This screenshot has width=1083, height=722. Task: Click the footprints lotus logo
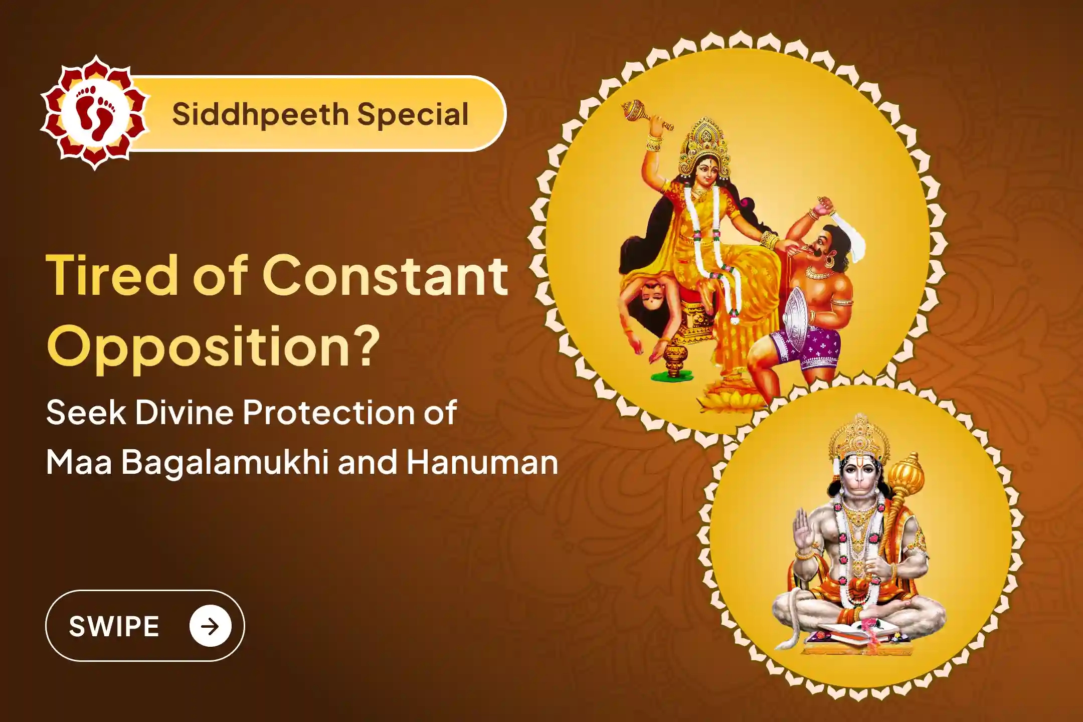95,113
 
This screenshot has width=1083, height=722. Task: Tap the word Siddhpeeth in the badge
260,114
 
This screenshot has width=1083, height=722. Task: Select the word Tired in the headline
109,276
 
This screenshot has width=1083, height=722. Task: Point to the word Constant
385,276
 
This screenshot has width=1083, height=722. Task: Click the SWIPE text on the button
114,626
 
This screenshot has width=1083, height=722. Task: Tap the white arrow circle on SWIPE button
210,626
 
